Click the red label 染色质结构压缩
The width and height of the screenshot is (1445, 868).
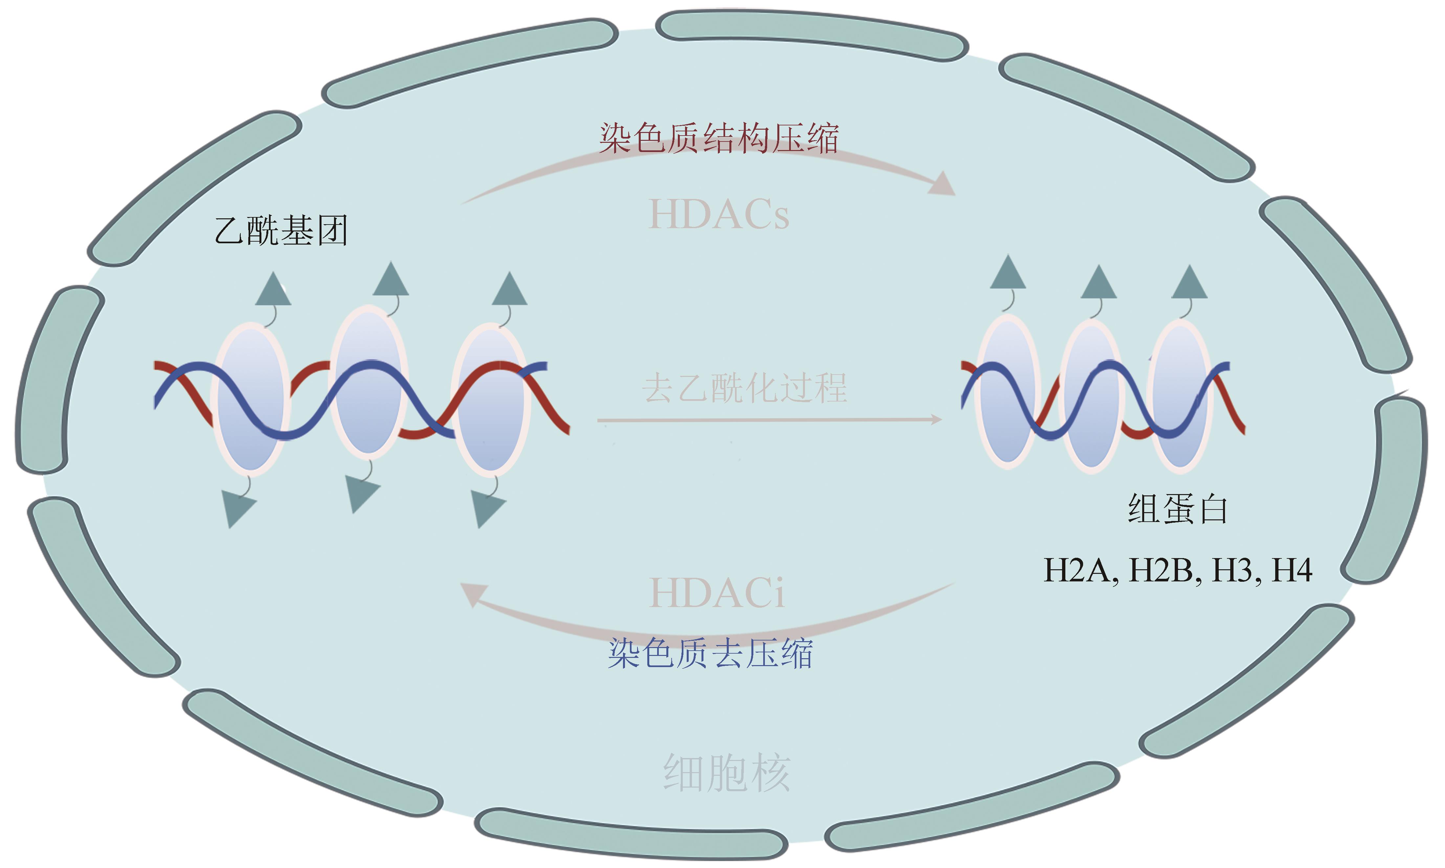[719, 139]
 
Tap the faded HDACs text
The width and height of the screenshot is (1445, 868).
[719, 214]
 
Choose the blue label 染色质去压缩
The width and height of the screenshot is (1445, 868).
[710, 653]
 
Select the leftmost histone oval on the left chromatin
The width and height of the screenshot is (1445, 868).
[251, 398]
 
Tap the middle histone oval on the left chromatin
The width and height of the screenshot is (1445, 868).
[368, 381]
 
